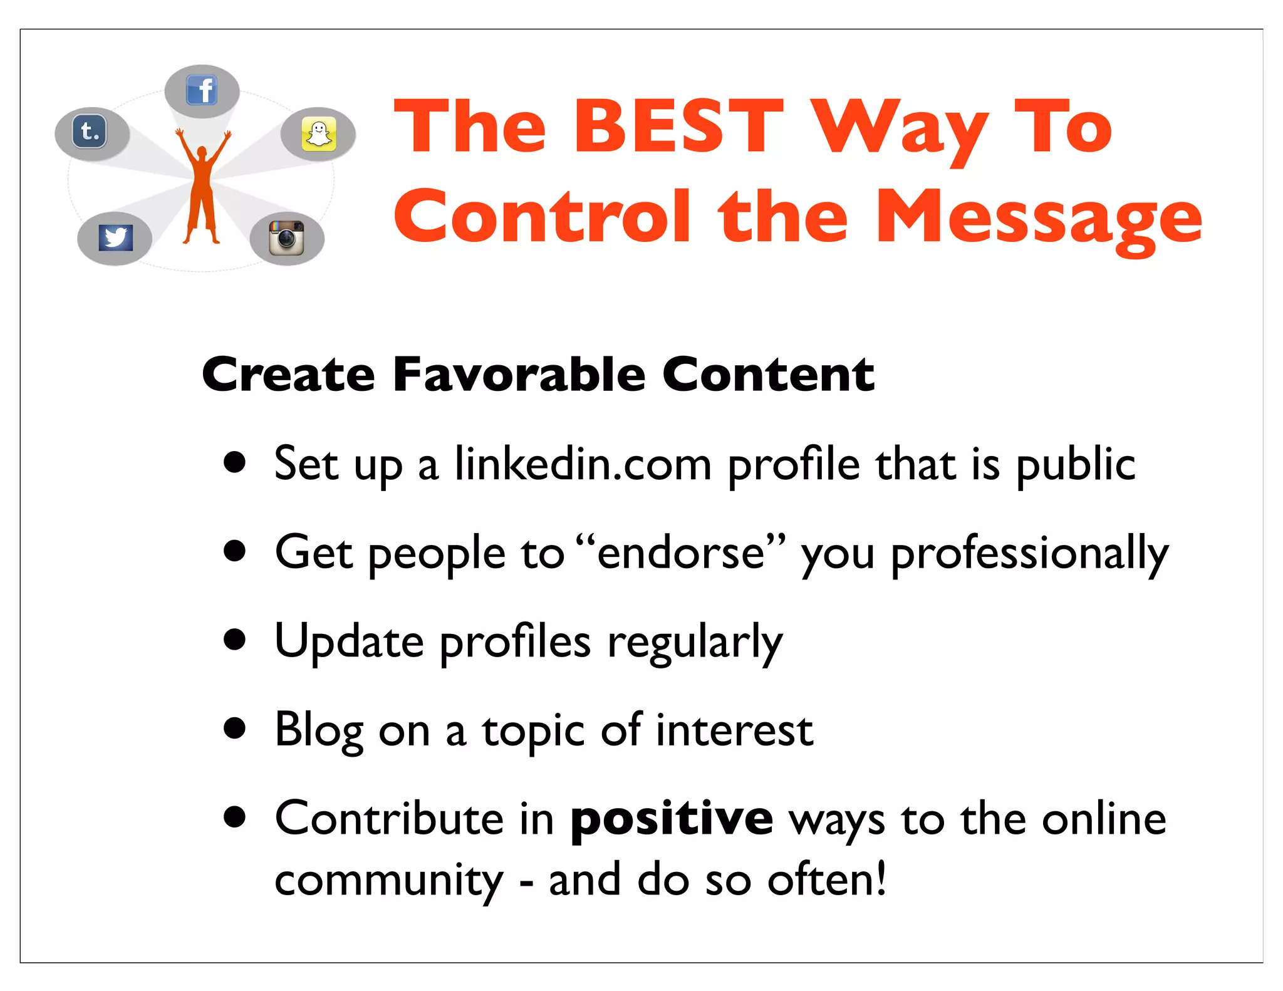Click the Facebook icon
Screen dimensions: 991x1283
pos(202,90)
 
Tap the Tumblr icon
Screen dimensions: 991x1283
pos(90,132)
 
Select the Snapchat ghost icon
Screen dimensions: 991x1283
pos(319,133)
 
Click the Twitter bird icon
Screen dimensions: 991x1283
pos(116,237)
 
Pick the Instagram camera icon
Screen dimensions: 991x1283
pos(286,237)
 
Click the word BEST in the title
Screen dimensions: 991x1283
pos(678,127)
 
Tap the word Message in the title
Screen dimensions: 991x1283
pos(1039,217)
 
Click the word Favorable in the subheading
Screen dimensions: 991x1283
pos(519,375)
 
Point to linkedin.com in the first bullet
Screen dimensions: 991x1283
pos(583,465)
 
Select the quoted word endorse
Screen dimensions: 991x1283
pos(681,553)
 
